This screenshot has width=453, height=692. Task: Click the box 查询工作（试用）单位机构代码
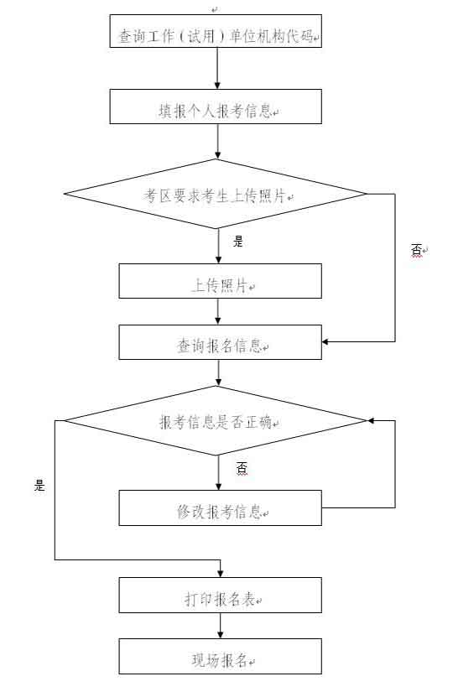[x=216, y=31]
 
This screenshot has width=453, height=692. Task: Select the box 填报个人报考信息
[x=216, y=107]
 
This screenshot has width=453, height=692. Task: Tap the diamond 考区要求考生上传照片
[x=216, y=194]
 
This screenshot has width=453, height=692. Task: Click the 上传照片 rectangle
[x=220, y=281]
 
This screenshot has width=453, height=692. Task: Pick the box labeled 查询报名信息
[x=220, y=342]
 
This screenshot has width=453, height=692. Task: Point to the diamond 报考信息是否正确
[x=216, y=420]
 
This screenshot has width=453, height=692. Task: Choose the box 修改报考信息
[x=220, y=507]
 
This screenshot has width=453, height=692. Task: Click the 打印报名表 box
[x=220, y=595]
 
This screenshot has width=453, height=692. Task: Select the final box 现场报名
[x=220, y=656]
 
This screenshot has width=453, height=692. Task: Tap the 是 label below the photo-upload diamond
[x=238, y=242]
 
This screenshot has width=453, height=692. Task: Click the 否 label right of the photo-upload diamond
[x=416, y=250]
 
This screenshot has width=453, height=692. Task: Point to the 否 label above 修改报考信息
[x=242, y=468]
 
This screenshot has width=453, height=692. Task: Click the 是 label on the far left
[x=39, y=486]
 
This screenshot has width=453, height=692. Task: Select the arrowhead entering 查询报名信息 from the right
[x=325, y=341]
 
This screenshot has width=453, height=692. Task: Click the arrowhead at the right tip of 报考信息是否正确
[x=371, y=420]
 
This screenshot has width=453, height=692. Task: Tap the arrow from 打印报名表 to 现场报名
[x=220, y=626]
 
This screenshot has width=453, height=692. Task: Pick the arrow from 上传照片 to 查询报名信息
[x=217, y=311]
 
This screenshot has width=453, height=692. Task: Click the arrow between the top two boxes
[x=217, y=69]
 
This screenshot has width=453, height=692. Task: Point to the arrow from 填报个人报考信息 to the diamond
[x=217, y=141]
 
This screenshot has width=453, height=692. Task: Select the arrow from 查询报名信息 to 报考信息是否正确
[x=218, y=372]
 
